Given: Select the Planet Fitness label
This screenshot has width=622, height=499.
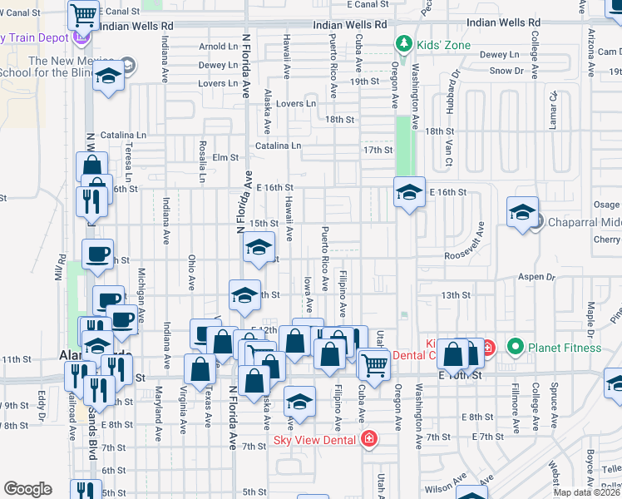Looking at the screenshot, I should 565,348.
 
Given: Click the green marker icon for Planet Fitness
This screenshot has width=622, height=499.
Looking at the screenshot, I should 516,346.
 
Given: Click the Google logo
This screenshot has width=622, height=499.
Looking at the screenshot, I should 27,489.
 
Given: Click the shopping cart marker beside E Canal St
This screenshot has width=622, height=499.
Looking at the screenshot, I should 84,14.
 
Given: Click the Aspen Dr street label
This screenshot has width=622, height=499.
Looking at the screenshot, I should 536,276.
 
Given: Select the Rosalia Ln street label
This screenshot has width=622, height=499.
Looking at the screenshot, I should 201,161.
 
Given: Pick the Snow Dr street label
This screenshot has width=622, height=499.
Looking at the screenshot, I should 506,71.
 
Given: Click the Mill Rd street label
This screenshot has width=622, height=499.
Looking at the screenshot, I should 61,268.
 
